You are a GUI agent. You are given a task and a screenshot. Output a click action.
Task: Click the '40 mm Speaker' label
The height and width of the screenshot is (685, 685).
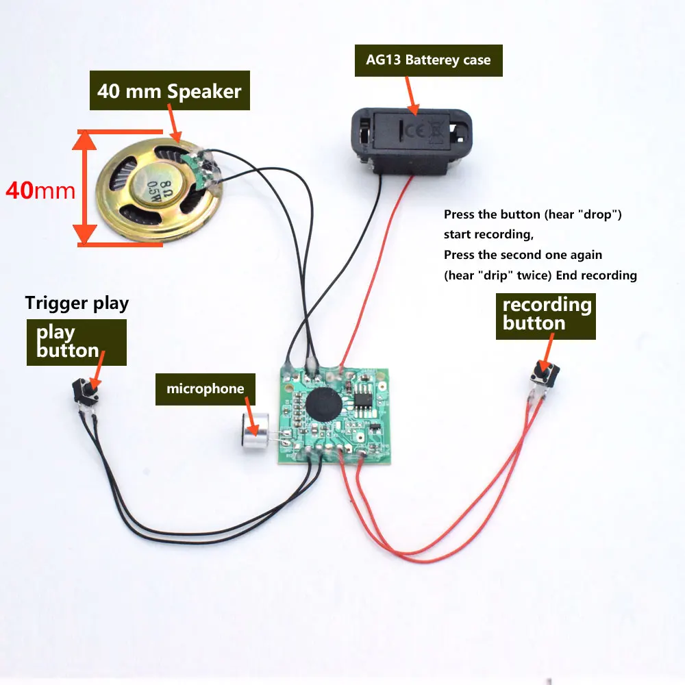click(x=169, y=91)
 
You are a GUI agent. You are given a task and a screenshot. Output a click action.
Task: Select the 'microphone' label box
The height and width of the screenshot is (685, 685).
click(x=205, y=389)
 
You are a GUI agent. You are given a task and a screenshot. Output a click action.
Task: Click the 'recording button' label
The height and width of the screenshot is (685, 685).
click(x=546, y=314)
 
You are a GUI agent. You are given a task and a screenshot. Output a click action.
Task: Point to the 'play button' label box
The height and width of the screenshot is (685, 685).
click(x=76, y=341)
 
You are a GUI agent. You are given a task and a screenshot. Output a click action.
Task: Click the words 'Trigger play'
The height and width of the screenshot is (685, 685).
click(x=77, y=302)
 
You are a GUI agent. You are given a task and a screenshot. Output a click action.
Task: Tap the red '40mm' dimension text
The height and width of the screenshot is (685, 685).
click(x=40, y=190)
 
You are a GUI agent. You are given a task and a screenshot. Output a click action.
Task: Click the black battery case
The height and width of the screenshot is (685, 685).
click(x=413, y=138)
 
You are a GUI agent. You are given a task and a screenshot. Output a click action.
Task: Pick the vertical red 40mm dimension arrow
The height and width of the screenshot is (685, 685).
click(x=86, y=186)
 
